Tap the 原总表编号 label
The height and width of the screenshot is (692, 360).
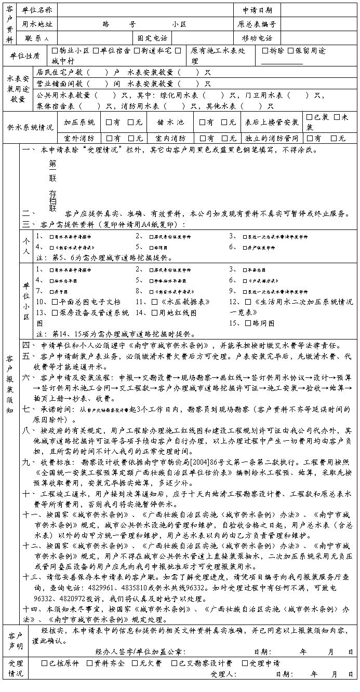(x=256, y=24)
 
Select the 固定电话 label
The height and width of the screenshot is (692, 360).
(x=152, y=38)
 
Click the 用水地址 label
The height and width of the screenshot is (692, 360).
(x=37, y=24)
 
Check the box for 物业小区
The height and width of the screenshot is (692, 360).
(x=55, y=51)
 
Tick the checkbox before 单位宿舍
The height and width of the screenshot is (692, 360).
(x=96, y=51)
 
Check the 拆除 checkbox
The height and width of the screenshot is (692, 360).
(x=266, y=51)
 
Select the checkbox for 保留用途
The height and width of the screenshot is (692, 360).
(x=291, y=51)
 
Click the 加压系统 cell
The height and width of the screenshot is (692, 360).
(x=79, y=123)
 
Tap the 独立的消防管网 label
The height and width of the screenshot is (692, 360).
(x=272, y=139)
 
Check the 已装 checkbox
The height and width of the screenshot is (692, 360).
(x=310, y=118)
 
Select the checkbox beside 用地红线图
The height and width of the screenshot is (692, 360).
(x=154, y=313)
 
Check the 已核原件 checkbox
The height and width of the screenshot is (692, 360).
(x=44, y=663)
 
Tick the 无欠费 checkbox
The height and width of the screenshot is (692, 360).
(x=134, y=663)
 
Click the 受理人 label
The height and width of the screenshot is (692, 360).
(x=224, y=674)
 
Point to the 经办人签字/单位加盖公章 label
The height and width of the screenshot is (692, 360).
(x=140, y=652)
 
